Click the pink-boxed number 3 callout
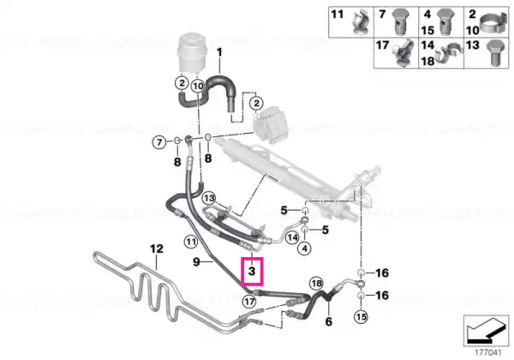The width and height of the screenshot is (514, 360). [252, 271]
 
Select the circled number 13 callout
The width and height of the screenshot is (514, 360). [209, 198]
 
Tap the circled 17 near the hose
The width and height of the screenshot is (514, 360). [249, 302]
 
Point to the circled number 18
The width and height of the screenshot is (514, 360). [316, 283]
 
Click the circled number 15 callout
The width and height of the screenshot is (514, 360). [361, 317]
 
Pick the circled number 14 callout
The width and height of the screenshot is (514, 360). [292, 237]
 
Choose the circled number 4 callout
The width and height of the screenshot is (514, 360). [305, 249]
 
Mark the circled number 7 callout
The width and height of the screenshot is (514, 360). [159, 142]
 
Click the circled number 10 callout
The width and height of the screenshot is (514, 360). [198, 87]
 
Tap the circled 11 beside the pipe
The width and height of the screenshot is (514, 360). [191, 242]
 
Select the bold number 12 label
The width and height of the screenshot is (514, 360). [157, 249]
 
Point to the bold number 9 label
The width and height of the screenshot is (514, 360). [196, 261]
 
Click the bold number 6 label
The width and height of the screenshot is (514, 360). [328, 321]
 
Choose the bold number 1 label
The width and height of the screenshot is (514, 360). [219, 52]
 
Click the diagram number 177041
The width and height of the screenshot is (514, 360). [488, 353]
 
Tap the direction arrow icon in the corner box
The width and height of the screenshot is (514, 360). [485, 332]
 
